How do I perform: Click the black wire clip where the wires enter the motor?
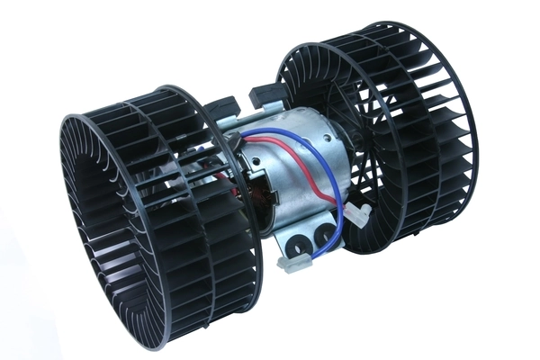245,145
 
